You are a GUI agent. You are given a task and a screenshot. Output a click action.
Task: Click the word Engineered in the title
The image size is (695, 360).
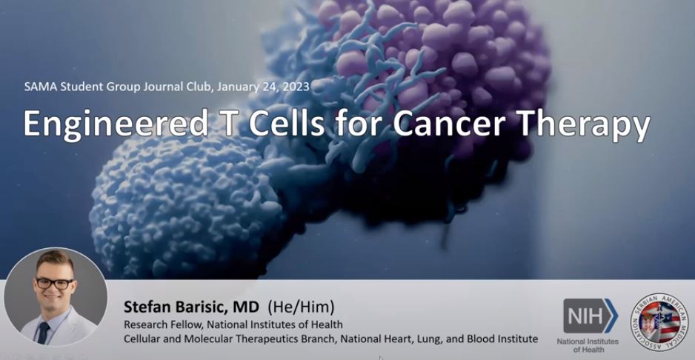[x=116, y=123]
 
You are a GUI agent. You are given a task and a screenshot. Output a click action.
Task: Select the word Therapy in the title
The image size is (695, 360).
[x=584, y=124]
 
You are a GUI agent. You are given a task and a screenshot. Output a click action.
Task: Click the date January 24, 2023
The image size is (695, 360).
[x=264, y=86]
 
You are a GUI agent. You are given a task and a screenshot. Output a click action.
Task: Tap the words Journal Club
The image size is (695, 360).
[x=178, y=86]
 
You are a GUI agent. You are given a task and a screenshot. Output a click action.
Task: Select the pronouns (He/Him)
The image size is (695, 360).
[x=301, y=307]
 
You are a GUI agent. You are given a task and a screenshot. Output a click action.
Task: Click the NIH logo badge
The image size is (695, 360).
[x=591, y=316]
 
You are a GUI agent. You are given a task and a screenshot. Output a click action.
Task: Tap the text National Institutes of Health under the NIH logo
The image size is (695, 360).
[x=588, y=345]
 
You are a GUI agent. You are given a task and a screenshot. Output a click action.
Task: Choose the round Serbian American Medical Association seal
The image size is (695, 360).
[x=659, y=322]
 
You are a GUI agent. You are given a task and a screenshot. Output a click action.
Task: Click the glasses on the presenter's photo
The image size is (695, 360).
[x=55, y=283]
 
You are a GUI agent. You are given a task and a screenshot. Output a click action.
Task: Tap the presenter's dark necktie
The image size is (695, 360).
[x=44, y=333]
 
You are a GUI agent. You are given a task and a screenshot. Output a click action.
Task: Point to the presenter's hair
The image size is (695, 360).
[x=55, y=261]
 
